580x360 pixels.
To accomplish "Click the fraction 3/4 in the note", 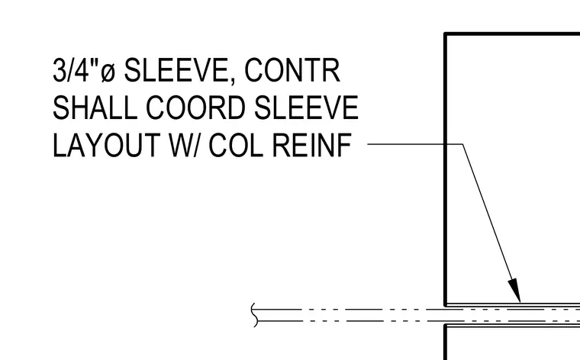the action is (71, 70).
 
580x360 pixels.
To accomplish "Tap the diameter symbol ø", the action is (108, 72).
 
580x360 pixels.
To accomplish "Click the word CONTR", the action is (292, 70).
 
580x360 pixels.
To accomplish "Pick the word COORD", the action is (195, 108).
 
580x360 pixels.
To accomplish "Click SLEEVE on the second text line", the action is (306, 108).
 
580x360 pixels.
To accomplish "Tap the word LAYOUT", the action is (107, 145).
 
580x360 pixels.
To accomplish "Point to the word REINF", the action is (312, 145).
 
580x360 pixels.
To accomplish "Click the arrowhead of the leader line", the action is (514, 291).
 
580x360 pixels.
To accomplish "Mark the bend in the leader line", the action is (462, 144).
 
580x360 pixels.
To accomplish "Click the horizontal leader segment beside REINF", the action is (415, 144).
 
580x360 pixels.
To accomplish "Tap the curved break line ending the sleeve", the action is (253, 315).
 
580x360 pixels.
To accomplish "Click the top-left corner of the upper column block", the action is (446, 34).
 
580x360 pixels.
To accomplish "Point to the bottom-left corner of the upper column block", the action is (446, 304).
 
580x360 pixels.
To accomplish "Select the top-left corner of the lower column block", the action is (446, 325).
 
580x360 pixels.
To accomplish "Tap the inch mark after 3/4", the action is (95, 62).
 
